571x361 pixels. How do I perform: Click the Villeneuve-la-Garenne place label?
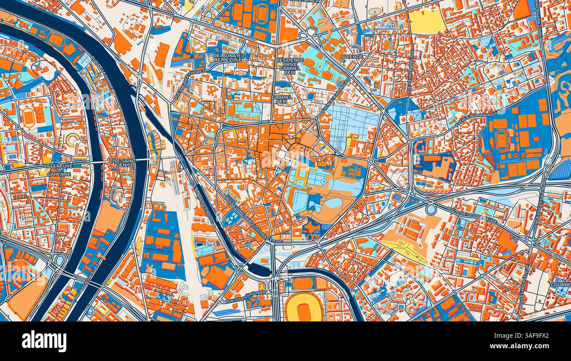coord(58,170)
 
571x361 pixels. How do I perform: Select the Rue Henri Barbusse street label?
coord(412,66)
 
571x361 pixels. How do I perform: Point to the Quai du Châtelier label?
coord(87,279)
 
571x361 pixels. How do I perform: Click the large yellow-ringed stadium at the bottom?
coord(303,308)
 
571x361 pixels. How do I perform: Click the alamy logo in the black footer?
coord(44,341)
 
